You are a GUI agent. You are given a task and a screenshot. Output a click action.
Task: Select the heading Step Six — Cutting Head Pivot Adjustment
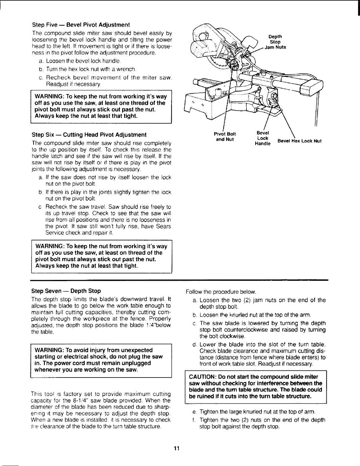pyautogui.click(x=89, y=135)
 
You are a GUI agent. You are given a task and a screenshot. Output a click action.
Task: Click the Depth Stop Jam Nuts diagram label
pyautogui.click(x=275, y=42)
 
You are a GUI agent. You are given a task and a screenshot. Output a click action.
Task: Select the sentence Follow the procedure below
pyautogui.click(x=221, y=292)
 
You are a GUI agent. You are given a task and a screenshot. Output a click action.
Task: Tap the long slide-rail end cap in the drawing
pyautogui.click(x=311, y=87)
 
